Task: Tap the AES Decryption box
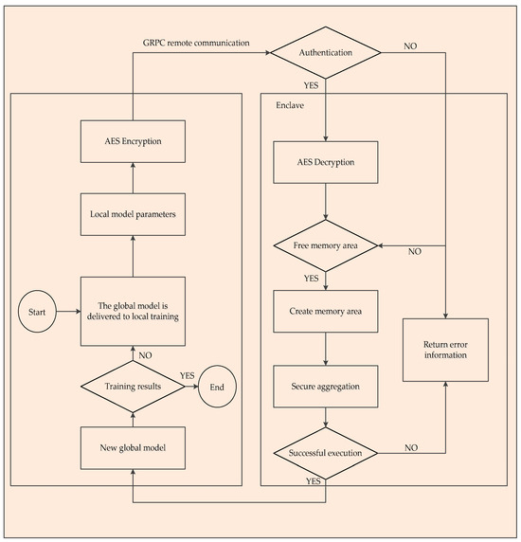pyautogui.click(x=325, y=162)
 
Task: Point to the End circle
pyautogui.click(x=215, y=388)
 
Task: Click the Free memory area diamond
pyautogui.click(x=325, y=247)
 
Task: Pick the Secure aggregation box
pyautogui.click(x=325, y=386)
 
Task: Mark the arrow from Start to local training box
pyautogui.click(x=66, y=310)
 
